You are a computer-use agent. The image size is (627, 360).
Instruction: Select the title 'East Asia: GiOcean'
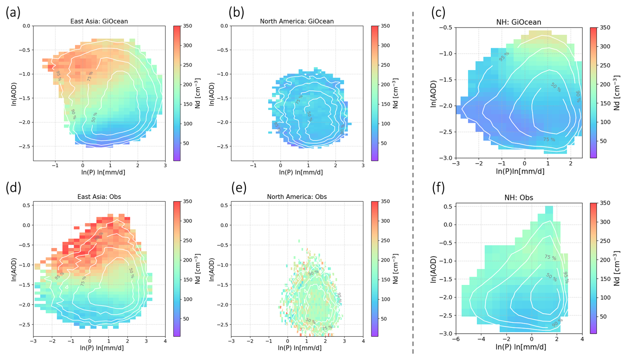(x=99, y=21)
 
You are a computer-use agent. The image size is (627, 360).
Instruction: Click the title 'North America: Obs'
(x=297, y=197)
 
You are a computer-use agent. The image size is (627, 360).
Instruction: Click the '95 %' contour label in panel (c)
(x=504, y=57)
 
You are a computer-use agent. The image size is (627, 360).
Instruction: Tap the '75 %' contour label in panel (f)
(x=550, y=257)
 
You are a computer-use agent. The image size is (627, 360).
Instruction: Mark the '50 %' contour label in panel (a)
(x=94, y=117)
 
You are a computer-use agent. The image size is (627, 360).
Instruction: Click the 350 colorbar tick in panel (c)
(x=605, y=27)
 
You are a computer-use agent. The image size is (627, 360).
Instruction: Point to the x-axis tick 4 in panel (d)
(x=165, y=341)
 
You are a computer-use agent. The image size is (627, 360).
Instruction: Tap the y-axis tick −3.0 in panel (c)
(x=445, y=158)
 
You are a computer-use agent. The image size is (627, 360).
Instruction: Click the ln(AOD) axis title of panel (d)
(x=14, y=268)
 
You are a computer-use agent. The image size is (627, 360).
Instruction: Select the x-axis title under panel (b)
(x=301, y=172)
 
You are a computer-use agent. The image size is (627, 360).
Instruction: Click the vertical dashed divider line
(x=413, y=182)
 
